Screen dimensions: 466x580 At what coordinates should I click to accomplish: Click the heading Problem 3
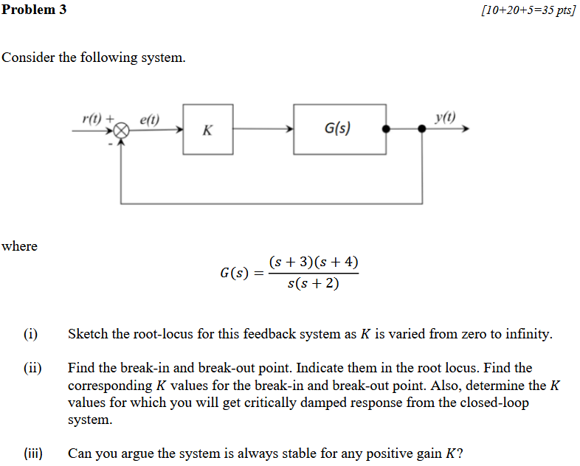point(34,10)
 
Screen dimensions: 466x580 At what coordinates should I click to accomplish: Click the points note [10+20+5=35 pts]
point(527,11)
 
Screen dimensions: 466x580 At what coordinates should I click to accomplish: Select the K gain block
point(207,130)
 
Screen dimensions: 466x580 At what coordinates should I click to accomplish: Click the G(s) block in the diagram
point(339,129)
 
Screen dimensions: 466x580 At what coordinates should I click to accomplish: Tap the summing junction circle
point(122,130)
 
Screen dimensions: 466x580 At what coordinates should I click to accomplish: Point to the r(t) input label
point(92,118)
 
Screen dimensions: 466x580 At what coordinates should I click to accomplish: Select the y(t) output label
point(446,116)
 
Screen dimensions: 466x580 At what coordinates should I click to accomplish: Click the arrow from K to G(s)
point(263,129)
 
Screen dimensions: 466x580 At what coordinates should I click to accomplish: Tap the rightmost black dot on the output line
point(422,129)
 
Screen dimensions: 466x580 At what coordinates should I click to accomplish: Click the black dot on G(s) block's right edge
point(385,129)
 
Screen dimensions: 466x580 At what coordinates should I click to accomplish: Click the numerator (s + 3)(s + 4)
point(314,262)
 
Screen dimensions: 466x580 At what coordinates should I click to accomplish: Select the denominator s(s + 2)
point(314,283)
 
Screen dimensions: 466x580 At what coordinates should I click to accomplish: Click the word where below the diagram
point(19,246)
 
